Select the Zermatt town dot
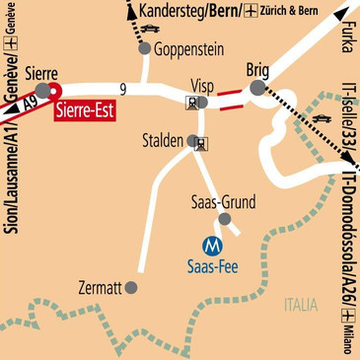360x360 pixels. click(131, 288)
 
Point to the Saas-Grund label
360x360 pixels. click(222, 203)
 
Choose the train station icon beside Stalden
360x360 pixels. click(203, 144)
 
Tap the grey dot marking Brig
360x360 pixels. click(257, 89)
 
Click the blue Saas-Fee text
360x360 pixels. click(211, 264)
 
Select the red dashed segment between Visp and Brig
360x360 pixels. click(231, 95)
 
